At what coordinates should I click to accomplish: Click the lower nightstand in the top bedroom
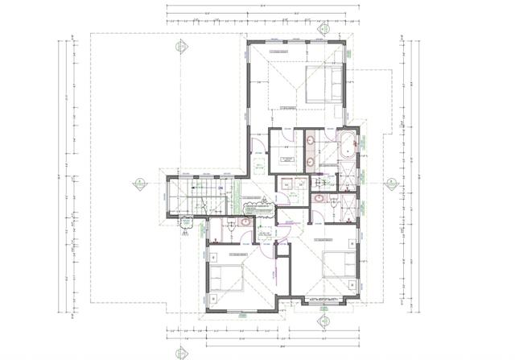tap(338, 99)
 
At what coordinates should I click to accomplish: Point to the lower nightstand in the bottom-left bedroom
tap(212, 297)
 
